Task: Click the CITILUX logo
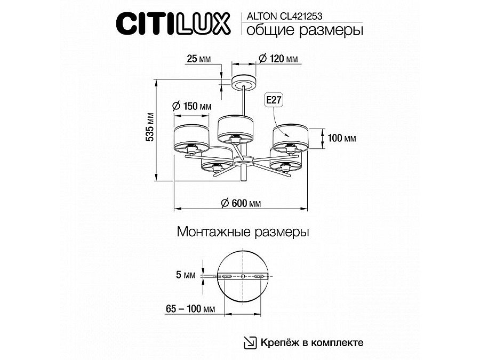click(x=173, y=24)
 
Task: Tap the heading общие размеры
click(x=302, y=30)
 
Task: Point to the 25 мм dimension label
click(x=198, y=59)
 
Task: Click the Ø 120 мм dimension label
click(x=278, y=59)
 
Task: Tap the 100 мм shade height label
click(x=342, y=138)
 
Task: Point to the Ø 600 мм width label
click(x=241, y=203)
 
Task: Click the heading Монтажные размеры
click(x=243, y=233)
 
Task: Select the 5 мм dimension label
click(x=185, y=276)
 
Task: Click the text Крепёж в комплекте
click(x=313, y=342)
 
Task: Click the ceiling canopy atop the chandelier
click(x=244, y=82)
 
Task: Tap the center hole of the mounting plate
click(x=243, y=276)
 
